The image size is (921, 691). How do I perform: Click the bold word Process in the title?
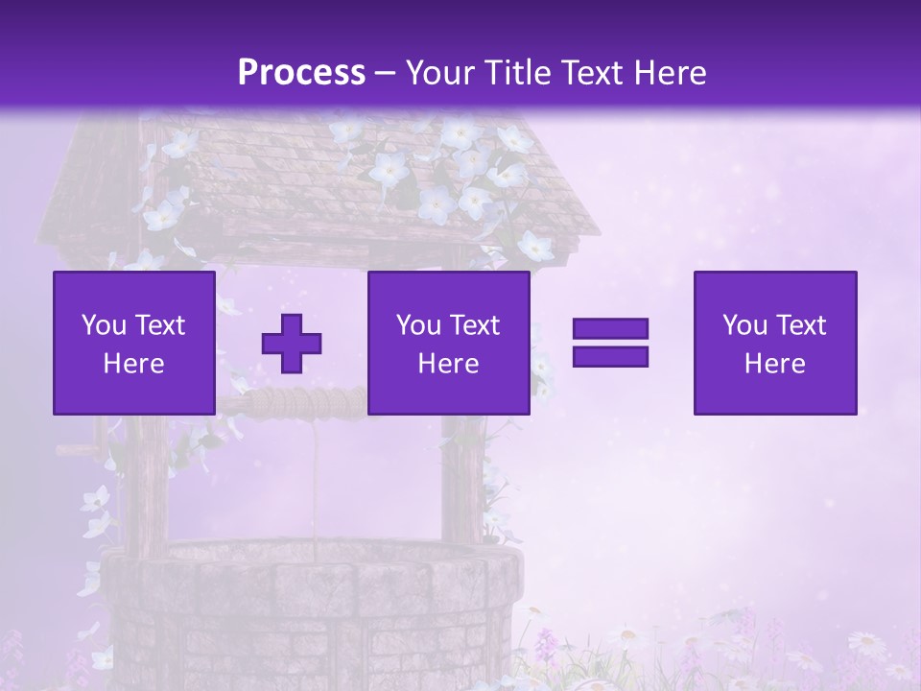pyautogui.click(x=301, y=73)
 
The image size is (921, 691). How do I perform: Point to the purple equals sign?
pyautogui.click(x=610, y=343)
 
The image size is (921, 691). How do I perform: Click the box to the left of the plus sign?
pyautogui.click(x=134, y=343)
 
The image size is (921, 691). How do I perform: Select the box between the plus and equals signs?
pyautogui.click(x=448, y=343)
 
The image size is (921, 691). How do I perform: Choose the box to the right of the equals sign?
pyautogui.click(x=774, y=343)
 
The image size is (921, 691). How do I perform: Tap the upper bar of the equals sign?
pyautogui.click(x=610, y=328)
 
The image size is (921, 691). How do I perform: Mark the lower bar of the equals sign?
pyautogui.click(x=610, y=357)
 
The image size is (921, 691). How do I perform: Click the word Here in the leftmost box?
pyautogui.click(x=134, y=364)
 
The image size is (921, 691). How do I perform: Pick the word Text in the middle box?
pyautogui.click(x=475, y=325)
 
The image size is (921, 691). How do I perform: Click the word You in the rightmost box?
pyautogui.click(x=744, y=325)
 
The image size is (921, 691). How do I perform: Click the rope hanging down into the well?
pyautogui.click(x=314, y=480)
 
